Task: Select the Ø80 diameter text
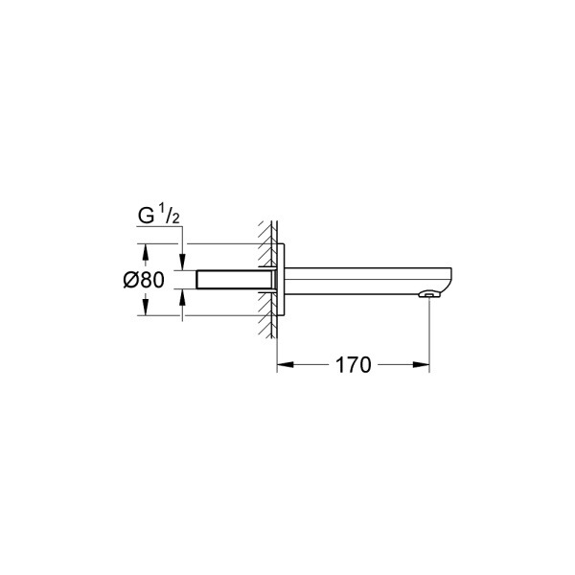pos(145,280)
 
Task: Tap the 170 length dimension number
pos(353,365)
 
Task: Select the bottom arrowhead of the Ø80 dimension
pos(146,311)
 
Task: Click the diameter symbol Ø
pos(131,280)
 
